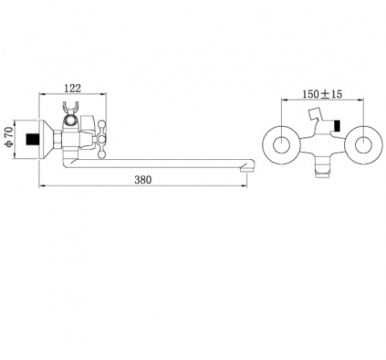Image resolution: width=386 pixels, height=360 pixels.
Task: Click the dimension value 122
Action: [73, 88]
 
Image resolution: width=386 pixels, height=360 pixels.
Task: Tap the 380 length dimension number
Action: [143, 180]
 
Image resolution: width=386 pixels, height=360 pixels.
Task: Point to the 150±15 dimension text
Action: [322, 94]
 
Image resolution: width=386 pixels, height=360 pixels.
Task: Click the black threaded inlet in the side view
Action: [32, 139]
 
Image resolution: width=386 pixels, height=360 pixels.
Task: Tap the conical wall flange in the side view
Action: [46, 139]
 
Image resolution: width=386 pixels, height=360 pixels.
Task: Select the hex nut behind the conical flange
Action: [58, 139]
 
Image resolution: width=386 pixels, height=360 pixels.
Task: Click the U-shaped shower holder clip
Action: [70, 108]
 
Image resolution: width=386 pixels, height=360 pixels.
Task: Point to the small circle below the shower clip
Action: [70, 121]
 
